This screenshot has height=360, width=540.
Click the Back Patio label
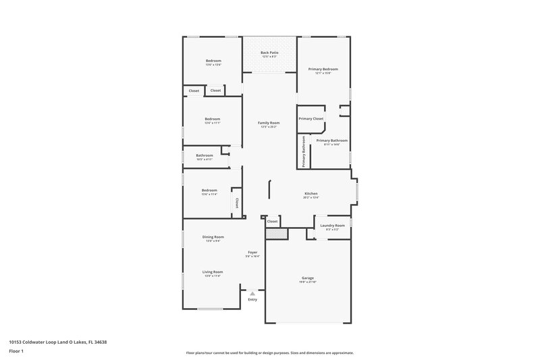click(x=269, y=52)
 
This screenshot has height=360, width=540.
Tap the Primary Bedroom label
click(x=323, y=69)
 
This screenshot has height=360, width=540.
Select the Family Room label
click(x=269, y=123)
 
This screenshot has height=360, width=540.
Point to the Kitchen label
click(x=310, y=193)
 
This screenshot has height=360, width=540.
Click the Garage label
click(x=307, y=278)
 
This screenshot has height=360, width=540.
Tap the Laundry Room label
click(x=332, y=225)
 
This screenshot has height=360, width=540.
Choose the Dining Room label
click(x=213, y=237)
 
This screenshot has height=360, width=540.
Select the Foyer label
click(x=252, y=253)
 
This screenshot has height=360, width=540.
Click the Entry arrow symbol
click(x=252, y=293)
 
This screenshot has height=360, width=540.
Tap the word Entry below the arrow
click(x=252, y=299)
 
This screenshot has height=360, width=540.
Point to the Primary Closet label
click(x=311, y=118)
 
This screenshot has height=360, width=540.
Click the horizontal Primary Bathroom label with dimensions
click(x=331, y=140)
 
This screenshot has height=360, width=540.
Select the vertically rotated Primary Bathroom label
click(x=304, y=151)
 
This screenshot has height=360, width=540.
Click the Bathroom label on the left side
click(x=205, y=155)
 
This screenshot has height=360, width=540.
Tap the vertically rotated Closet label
click(x=237, y=203)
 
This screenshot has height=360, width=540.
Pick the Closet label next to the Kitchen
click(x=273, y=221)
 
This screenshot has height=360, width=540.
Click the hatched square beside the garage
click(x=276, y=232)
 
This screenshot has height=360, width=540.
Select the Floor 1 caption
click(x=16, y=352)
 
